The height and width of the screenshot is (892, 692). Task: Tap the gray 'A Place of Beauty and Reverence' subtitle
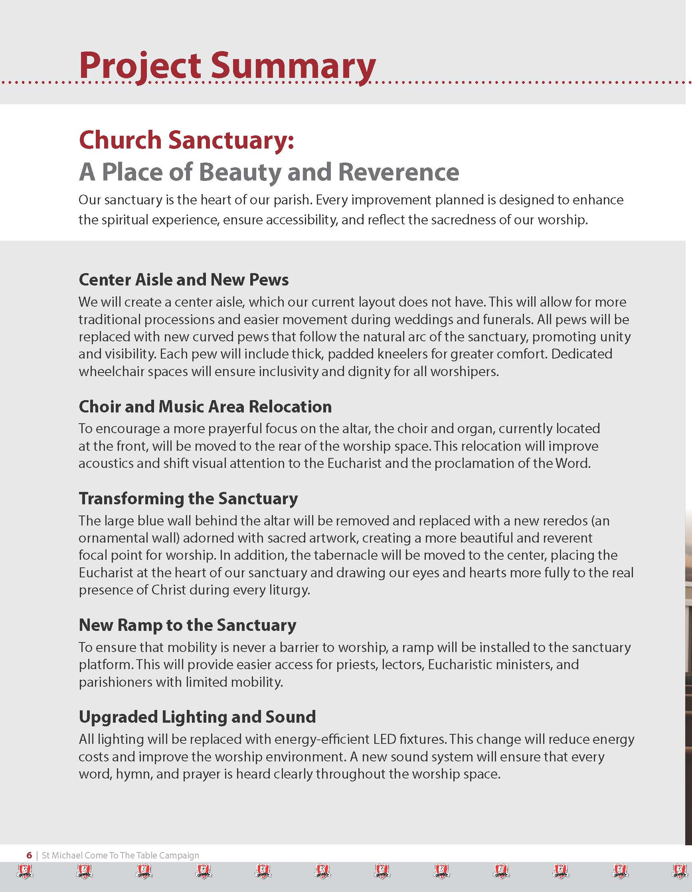[x=269, y=172]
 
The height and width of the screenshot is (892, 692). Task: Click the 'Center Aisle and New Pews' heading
[x=183, y=280]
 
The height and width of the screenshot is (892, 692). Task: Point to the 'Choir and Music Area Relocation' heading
[x=205, y=407]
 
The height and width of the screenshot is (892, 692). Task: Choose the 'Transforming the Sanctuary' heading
[x=188, y=499]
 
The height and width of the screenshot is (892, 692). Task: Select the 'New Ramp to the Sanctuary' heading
[x=188, y=625]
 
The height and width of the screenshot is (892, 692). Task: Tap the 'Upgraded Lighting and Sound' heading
[x=197, y=717]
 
